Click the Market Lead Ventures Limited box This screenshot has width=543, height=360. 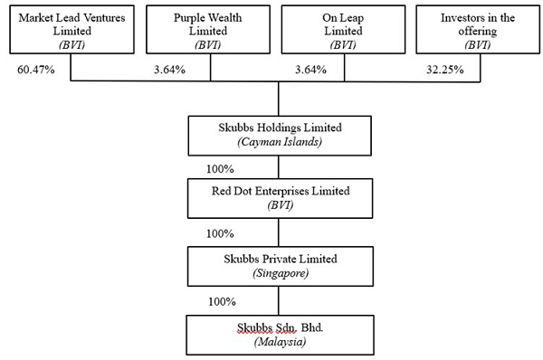click(x=71, y=30)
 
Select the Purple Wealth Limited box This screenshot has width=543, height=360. click(x=208, y=30)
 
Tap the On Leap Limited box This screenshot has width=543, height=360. click(x=343, y=30)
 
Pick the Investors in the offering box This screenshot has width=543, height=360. click(x=478, y=30)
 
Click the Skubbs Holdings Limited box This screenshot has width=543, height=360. click(x=280, y=136)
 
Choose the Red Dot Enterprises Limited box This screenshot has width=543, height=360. click(x=281, y=198)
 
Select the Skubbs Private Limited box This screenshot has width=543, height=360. click(x=281, y=266)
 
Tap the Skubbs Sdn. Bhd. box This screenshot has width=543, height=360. click(x=281, y=335)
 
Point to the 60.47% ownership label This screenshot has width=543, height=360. click(x=36, y=70)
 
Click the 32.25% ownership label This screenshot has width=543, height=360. click(x=445, y=70)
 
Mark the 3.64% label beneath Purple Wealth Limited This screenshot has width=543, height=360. click(x=170, y=70)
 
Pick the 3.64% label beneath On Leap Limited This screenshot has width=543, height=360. click(x=310, y=70)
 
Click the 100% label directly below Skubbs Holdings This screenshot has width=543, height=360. click(x=220, y=169)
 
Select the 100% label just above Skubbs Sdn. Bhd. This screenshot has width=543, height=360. click(x=222, y=302)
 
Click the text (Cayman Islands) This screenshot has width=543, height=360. click(x=280, y=142)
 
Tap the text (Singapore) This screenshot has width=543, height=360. click(x=281, y=273)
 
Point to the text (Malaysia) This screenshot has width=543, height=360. click(x=281, y=342)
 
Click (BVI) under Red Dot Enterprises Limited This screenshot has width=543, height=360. click(x=281, y=205)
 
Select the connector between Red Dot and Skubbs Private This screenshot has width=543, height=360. click(x=279, y=232)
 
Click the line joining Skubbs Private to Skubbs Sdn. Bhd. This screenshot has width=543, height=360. click(x=279, y=300)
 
